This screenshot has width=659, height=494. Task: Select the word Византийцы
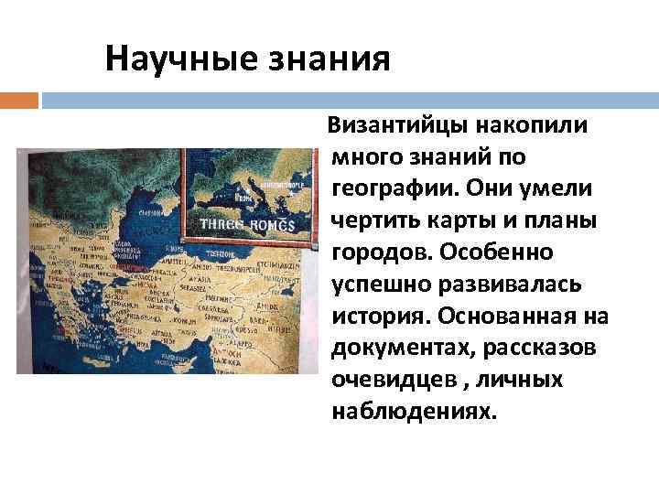click(x=400, y=124)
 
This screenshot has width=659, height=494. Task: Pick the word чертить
click(x=373, y=220)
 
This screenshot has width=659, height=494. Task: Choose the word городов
click(x=374, y=251)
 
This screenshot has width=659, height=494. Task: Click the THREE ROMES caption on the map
click(x=235, y=224)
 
